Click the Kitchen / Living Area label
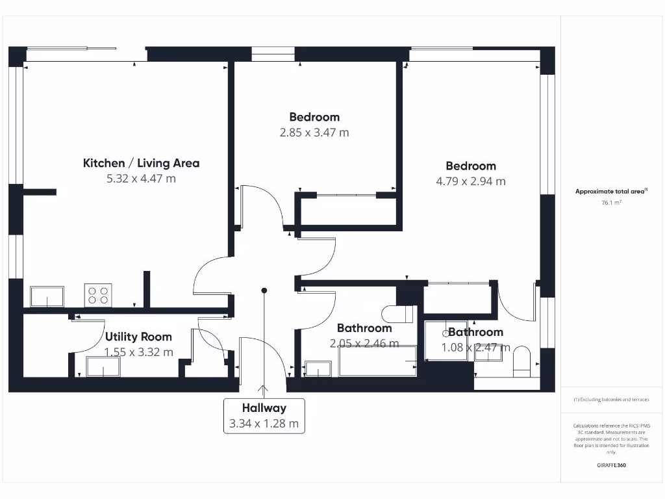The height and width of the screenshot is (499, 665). (x=141, y=163)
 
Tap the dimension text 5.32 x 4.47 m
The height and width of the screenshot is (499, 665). (x=141, y=179)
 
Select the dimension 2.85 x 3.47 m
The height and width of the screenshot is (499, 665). (x=314, y=133)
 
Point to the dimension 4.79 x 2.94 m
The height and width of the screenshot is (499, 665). (x=471, y=181)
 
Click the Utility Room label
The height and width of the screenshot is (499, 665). (x=138, y=337)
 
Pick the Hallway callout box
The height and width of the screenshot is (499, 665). (x=264, y=416)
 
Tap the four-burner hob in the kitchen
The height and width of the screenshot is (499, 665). (x=99, y=296)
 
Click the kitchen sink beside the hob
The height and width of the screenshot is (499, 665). (x=47, y=296)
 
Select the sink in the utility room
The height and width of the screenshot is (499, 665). (x=103, y=367)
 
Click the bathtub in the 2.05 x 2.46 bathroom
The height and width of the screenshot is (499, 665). (x=377, y=361)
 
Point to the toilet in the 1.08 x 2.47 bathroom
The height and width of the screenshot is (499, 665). (x=522, y=361)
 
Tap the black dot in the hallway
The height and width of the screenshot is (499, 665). (x=264, y=290)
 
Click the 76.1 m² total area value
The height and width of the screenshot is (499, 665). (x=611, y=203)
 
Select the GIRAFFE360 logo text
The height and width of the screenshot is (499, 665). (x=611, y=465)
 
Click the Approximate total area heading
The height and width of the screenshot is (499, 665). (x=610, y=191)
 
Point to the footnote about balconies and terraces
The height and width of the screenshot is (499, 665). (x=611, y=400)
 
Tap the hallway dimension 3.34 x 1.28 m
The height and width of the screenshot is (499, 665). (x=264, y=424)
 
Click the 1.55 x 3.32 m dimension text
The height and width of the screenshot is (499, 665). (x=139, y=352)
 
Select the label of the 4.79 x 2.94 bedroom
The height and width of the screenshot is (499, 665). (x=471, y=166)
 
